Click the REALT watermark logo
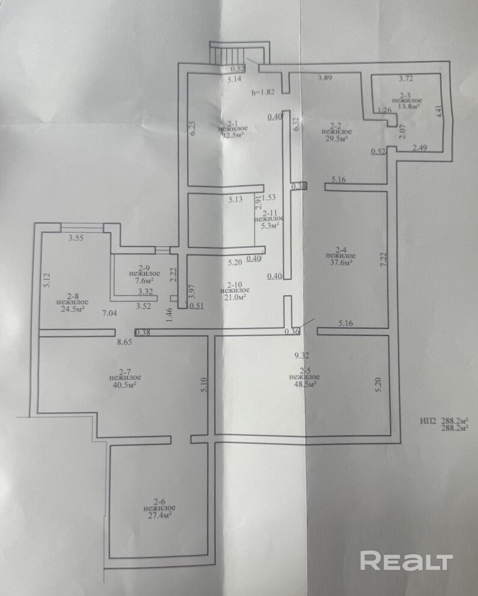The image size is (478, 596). (406, 561)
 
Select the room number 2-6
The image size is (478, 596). (159, 501)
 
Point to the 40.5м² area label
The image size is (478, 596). (126, 386)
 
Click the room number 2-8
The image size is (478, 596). (73, 296)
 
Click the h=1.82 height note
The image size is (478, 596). (263, 93)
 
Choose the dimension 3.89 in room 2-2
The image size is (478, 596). (325, 78)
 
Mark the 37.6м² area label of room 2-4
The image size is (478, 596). (342, 262)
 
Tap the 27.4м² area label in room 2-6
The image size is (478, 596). (159, 515)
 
